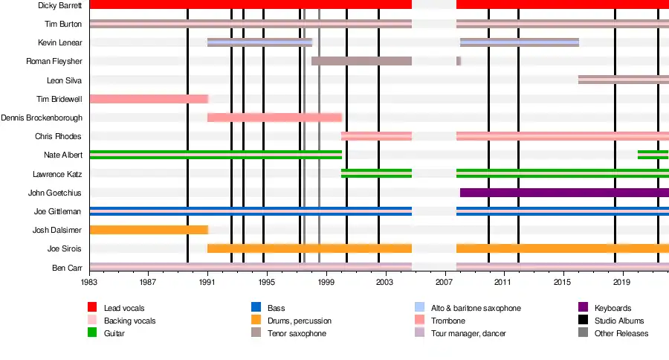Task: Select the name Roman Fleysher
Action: pyautogui.click(x=54, y=61)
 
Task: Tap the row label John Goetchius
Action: pyautogui.click(x=55, y=193)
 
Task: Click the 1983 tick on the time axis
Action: pyautogui.click(x=89, y=283)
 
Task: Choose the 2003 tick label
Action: pyautogui.click(x=385, y=283)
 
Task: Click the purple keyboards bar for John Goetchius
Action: pyautogui.click(x=564, y=193)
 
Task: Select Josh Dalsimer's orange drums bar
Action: pyautogui.click(x=148, y=230)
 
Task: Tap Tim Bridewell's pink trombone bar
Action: pyautogui.click(x=148, y=99)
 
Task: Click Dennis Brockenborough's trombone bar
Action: pyautogui.click(x=274, y=118)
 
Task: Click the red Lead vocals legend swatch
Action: pyautogui.click(x=93, y=308)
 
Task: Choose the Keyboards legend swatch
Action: pyautogui.click(x=583, y=308)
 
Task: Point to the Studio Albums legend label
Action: pyautogui.click(x=619, y=321)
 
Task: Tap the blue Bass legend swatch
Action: pyautogui.click(x=256, y=308)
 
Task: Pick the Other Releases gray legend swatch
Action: pyautogui.click(x=583, y=333)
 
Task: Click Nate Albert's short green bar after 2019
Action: pyautogui.click(x=653, y=155)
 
